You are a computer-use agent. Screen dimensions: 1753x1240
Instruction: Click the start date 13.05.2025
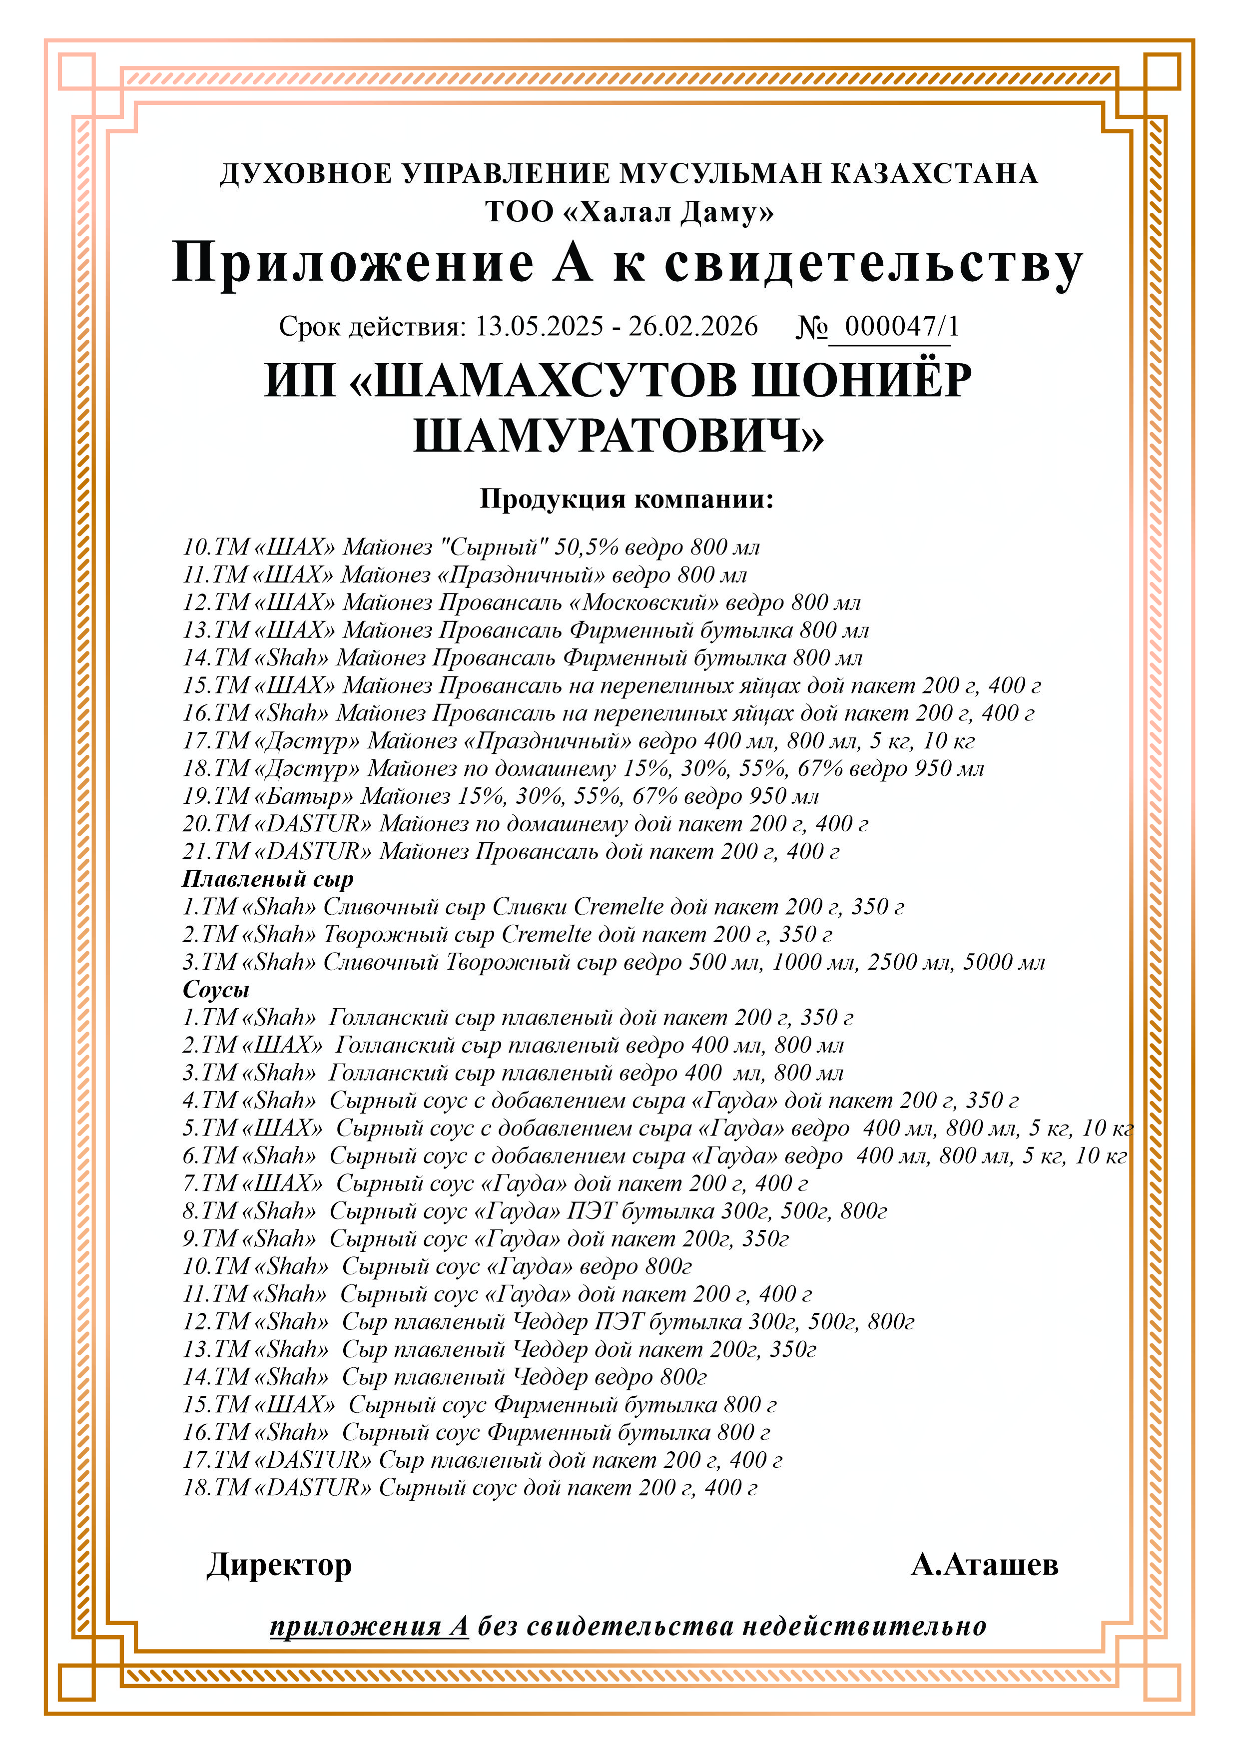(540, 327)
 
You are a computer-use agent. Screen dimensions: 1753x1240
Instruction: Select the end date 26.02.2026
(693, 327)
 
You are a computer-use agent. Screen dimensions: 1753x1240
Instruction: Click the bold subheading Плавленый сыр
(268, 879)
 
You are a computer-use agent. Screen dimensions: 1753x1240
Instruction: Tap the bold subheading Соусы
(216, 990)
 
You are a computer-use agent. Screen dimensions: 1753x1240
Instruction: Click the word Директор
(279, 1565)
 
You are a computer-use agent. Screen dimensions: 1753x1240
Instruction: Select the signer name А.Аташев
(984, 1565)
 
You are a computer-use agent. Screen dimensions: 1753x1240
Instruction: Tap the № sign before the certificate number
(812, 327)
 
